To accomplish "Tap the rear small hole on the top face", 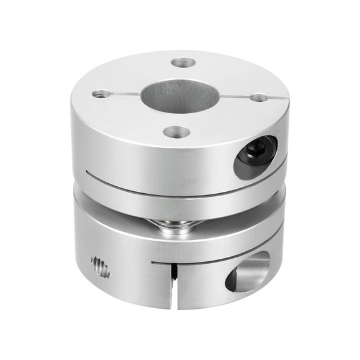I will (x=182, y=63).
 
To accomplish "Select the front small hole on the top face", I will (x=176, y=132).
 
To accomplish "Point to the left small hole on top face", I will (x=101, y=94).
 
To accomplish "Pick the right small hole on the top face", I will (x=259, y=97).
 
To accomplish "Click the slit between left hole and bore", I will (x=125, y=94).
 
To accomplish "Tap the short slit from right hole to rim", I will (x=277, y=98).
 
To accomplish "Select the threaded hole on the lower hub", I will (x=100, y=267).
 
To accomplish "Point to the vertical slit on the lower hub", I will (x=172, y=284).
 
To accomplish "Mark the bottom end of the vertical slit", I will (x=172, y=306).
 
